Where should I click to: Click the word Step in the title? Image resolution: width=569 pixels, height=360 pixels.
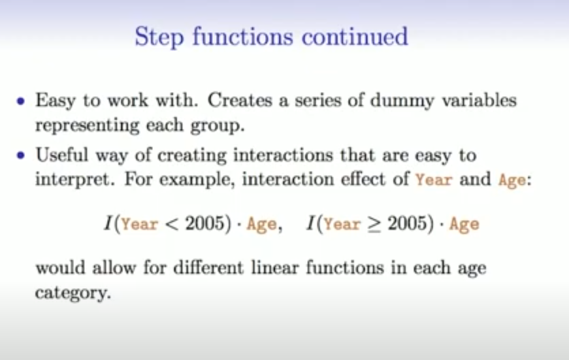point(159,37)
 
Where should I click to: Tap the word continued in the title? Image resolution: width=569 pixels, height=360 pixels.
point(355,37)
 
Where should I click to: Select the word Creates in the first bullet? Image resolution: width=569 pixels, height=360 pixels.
point(240,100)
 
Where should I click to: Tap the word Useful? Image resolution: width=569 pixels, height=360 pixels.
point(62,154)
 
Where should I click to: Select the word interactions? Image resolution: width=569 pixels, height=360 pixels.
point(283,155)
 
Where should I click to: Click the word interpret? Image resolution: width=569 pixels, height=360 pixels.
point(75,180)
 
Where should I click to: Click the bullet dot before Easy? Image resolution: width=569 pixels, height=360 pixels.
point(20,101)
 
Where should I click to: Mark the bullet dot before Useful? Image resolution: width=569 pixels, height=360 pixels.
point(20,155)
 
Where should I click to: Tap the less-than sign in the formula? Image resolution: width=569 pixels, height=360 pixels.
point(172,224)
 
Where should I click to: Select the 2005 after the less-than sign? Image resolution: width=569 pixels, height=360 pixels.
point(204,223)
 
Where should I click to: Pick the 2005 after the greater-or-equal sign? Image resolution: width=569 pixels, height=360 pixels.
point(406,223)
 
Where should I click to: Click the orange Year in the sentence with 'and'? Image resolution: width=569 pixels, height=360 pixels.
point(434,180)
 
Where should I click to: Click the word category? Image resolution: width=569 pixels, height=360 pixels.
point(73,293)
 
